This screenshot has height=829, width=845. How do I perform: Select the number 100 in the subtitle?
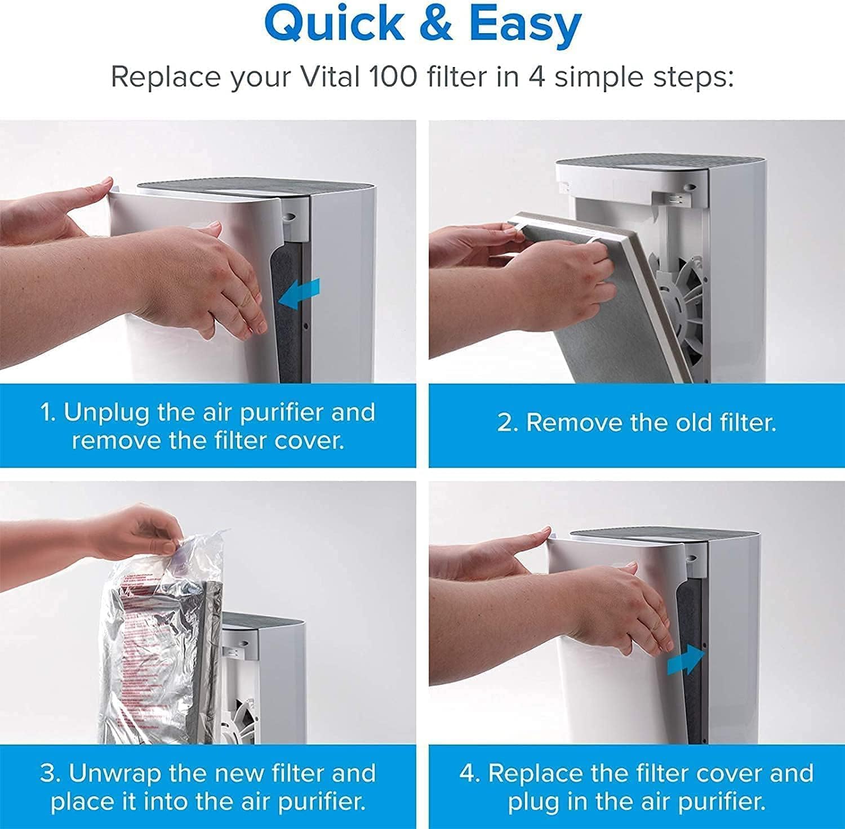click(393, 77)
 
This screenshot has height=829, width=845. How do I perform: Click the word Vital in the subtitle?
click(330, 77)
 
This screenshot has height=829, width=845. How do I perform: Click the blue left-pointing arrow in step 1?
click(300, 294)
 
